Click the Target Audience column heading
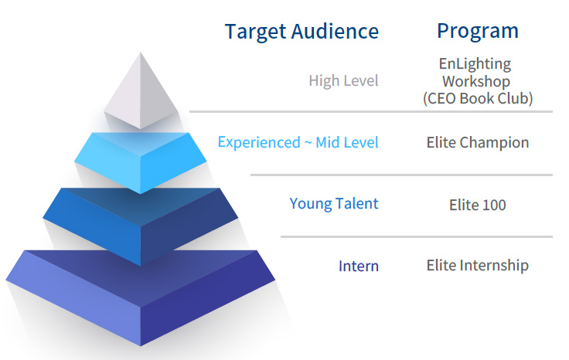[302, 32]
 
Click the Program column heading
[477, 31]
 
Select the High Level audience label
[343, 80]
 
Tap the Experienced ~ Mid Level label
[298, 142]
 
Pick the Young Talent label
[334, 204]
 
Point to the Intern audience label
[359, 267]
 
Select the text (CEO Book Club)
[477, 98]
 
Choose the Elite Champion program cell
[477, 142]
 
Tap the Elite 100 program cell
[477, 205]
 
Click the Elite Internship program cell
[477, 266]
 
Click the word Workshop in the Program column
[476, 81]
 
